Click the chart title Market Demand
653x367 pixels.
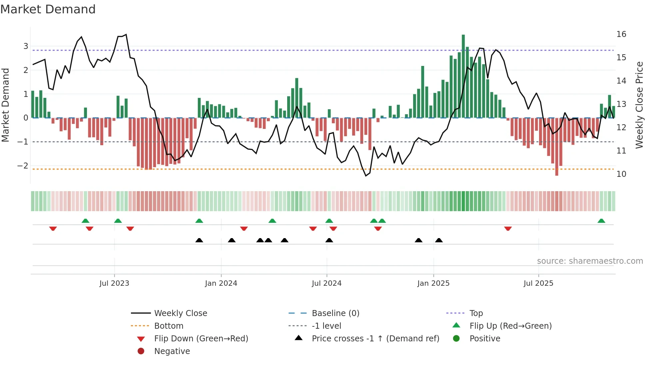48,9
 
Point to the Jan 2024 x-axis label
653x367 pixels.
221,283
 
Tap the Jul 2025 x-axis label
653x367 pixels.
538,283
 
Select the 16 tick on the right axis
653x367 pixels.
621,34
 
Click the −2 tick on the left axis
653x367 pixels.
23,166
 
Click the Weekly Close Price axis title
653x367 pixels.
639,105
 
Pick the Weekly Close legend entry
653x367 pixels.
180,313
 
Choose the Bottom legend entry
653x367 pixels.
169,326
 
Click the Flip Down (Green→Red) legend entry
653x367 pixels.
201,339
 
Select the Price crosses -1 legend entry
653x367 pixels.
375,339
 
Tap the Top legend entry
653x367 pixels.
476,313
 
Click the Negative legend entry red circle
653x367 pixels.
141,351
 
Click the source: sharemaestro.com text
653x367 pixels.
590,261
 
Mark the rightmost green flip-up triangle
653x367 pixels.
601,221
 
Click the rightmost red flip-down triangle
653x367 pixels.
508,228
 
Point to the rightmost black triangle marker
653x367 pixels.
439,240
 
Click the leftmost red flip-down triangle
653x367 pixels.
53,228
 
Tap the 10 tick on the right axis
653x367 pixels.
621,174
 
